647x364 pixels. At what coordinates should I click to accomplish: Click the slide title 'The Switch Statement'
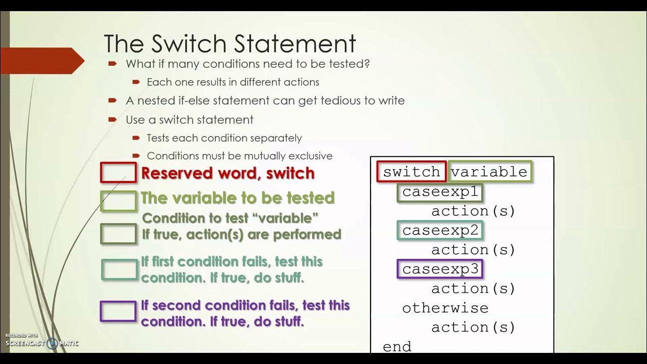point(230,44)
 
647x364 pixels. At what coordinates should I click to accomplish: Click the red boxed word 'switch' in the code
point(411,172)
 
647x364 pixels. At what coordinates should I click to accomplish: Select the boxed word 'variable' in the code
point(489,172)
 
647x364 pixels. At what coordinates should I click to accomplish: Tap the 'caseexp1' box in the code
point(440,192)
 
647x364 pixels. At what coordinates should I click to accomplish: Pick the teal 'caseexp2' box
point(440,231)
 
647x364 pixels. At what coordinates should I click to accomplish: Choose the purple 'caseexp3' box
point(440,269)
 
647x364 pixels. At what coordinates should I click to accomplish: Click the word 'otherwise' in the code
point(445,308)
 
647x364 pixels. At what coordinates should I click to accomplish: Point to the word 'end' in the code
point(397,346)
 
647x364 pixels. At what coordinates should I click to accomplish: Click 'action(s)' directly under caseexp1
point(473,211)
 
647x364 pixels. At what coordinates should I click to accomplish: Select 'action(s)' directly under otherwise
point(473,327)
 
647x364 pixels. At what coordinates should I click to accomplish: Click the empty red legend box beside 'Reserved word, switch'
point(118,172)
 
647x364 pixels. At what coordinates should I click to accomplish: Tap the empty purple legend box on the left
point(118,311)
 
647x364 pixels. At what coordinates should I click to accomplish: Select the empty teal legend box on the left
point(119,269)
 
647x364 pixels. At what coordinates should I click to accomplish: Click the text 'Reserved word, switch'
point(228,173)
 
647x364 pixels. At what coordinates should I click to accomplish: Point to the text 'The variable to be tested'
point(238,198)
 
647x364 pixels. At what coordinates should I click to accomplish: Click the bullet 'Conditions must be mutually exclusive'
point(240,156)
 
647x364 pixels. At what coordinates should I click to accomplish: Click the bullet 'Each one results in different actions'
point(233,82)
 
